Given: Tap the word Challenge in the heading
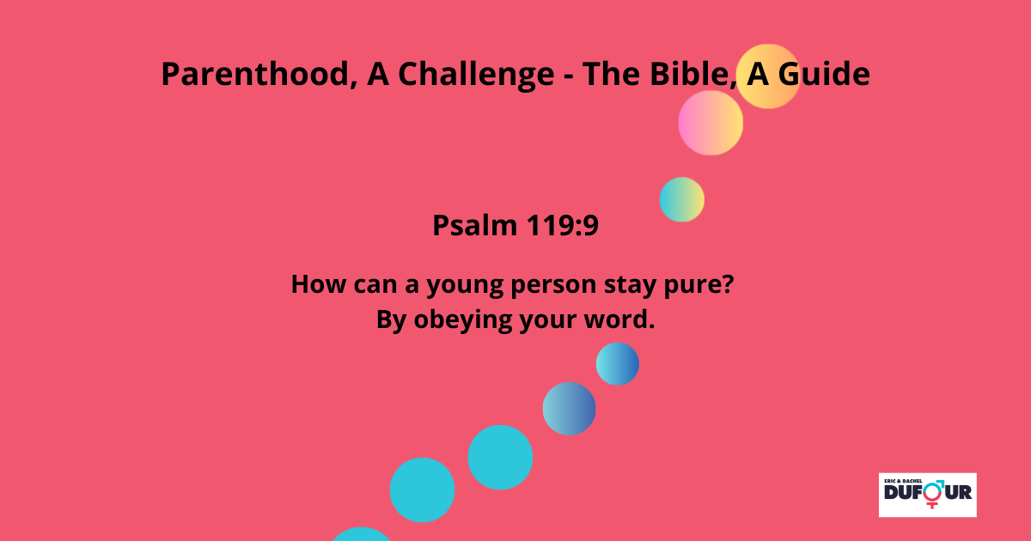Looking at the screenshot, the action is tap(476, 75).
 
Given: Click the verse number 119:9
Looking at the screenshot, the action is tap(563, 225).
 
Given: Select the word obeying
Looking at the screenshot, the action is tap(462, 320).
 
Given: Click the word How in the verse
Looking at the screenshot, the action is tap(318, 284).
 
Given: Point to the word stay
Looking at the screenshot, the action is tap(630, 285).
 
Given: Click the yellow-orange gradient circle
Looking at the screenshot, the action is tap(768, 76).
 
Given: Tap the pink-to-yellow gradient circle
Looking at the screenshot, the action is tap(711, 123).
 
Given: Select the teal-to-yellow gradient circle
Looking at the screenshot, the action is tap(681, 199).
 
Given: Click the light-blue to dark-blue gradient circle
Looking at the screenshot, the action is tap(617, 363).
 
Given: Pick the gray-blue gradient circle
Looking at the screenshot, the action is tap(569, 409).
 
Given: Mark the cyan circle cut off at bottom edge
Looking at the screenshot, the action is tap(362, 535).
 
